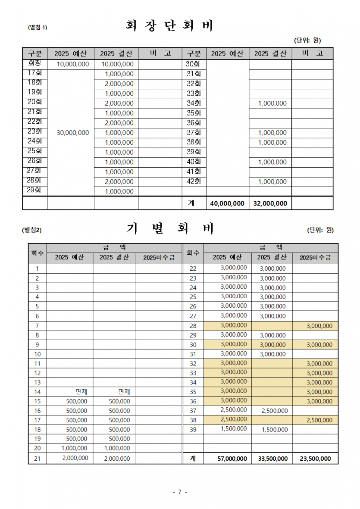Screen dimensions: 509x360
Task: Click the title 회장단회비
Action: [170, 26]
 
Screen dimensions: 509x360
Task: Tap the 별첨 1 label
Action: [38, 28]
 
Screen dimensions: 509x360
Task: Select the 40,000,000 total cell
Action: [227, 203]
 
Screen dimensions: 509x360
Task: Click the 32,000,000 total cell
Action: [270, 203]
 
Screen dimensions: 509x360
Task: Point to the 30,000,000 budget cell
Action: [73, 133]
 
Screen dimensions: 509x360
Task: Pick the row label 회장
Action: [34, 64]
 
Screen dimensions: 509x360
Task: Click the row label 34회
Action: [194, 103]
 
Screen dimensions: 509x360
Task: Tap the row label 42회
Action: [194, 182]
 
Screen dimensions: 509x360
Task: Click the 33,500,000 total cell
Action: [272, 459]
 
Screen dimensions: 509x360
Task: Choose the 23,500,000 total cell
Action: [316, 459]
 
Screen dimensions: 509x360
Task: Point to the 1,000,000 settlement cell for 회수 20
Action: [117, 449]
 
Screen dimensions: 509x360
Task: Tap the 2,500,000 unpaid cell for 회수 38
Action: [319, 420]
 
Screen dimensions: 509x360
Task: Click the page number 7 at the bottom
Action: [180, 492]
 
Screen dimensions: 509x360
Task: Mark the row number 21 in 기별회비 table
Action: [38, 459]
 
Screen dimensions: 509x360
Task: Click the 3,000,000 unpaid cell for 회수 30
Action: [319, 345]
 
